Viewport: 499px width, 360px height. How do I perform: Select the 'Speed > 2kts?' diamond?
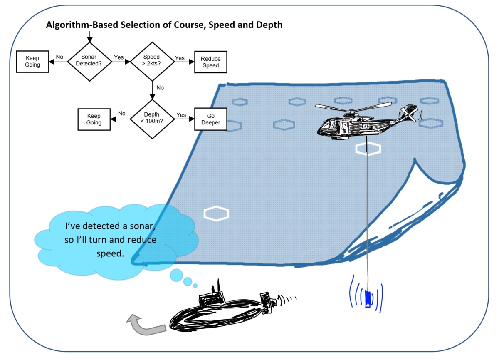[x=151, y=62]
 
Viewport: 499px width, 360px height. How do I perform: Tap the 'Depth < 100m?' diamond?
[x=151, y=119]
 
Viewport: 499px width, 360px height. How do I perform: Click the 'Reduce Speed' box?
[x=210, y=62]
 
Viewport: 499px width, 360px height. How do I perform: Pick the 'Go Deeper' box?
[x=210, y=119]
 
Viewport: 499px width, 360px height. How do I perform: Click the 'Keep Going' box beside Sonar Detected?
[x=32, y=62]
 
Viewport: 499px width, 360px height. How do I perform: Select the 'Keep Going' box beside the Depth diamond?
[x=94, y=119]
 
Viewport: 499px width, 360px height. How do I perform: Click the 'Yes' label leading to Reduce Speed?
[x=180, y=58]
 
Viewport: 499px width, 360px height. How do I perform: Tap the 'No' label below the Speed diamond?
[x=160, y=88]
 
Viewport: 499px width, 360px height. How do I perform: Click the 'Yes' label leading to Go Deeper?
[x=181, y=115]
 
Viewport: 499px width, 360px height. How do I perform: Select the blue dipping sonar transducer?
[x=367, y=299]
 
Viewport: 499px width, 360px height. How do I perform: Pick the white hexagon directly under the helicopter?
[x=368, y=149]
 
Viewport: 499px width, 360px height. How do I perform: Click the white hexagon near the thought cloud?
[x=216, y=214]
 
